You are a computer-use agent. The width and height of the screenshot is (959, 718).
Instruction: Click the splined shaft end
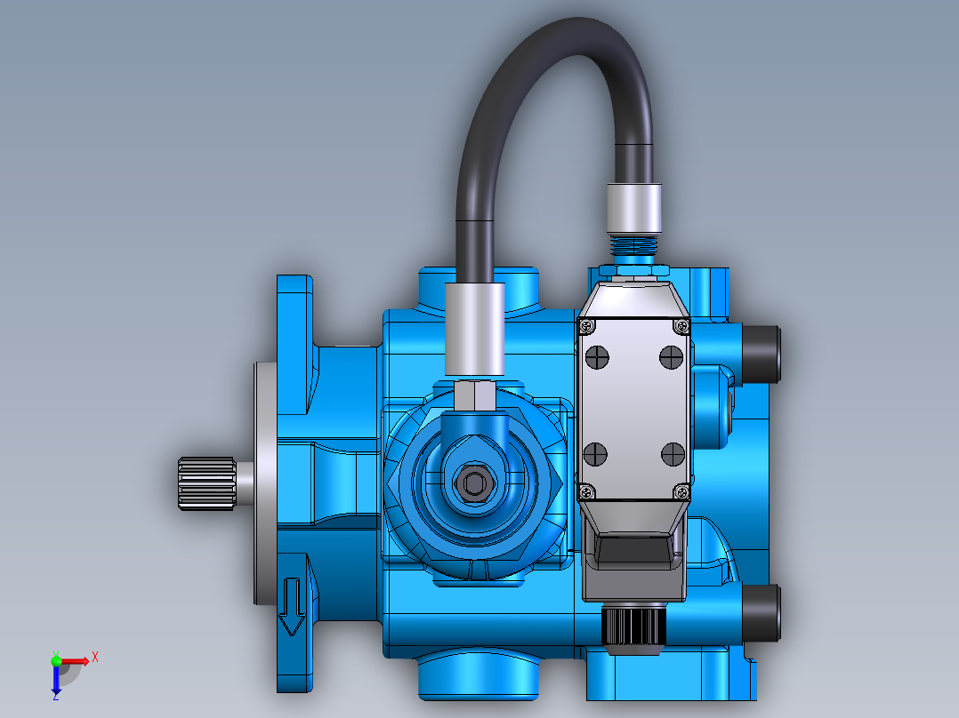[205, 484]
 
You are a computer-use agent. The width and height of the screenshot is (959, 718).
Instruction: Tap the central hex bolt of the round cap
[473, 484]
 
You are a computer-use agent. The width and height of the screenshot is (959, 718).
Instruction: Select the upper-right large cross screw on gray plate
[671, 356]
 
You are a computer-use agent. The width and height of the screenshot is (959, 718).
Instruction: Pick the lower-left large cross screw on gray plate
[594, 455]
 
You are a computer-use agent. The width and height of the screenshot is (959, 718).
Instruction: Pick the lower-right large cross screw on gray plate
[671, 455]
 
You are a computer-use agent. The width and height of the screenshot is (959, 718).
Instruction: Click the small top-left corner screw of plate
[586, 326]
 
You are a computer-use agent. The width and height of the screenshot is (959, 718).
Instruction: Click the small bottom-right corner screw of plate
[681, 491]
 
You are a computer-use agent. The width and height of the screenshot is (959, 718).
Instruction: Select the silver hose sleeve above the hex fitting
[474, 330]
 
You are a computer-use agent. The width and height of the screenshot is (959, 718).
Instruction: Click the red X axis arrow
[80, 660]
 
